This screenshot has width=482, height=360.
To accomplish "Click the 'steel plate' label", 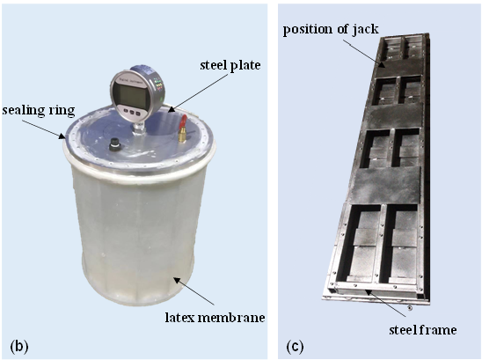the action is tap(230, 65).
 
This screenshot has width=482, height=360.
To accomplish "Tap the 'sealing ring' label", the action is tap(39, 110).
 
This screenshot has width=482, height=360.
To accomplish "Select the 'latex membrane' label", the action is tap(215, 317).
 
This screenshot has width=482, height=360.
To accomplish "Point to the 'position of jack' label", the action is tap(331, 30).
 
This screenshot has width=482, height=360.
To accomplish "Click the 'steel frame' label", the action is tap(423, 330).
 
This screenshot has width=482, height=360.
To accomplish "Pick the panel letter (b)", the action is tap(19, 346).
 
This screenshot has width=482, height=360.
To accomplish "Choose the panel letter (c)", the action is tap(295, 347).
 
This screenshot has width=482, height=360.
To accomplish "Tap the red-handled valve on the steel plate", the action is tap(183, 129).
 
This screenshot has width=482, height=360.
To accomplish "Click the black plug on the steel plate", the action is tap(115, 144).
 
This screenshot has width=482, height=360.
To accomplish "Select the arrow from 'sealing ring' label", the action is tap(44, 129).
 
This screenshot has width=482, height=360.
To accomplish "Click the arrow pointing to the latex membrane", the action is tap(194, 290).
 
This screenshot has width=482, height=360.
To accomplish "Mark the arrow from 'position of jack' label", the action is tap(363, 54).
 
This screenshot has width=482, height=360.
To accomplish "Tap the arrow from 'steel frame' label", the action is tap(385, 303).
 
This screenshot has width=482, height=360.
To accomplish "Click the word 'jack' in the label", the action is tap(366, 30).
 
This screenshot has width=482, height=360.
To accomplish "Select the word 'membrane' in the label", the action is tap(231, 317).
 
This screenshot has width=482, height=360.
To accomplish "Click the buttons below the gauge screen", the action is tap(132, 112).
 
